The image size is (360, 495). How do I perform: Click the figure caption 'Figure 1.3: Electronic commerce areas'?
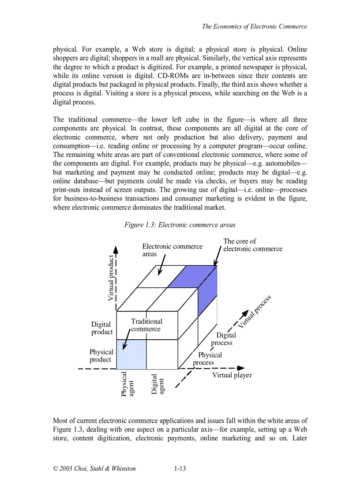pos(180,225)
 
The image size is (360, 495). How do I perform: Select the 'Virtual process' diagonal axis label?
pos(255,311)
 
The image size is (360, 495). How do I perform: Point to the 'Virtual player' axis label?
pos(232,375)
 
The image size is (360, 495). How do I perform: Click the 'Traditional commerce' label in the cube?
pos(146,325)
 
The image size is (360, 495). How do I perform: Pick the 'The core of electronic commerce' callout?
pos(252,245)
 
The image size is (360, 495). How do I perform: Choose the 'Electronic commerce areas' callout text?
pos(172,250)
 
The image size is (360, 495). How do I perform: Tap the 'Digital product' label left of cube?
pos(102,328)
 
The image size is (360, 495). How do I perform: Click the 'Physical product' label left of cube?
pos(101,356)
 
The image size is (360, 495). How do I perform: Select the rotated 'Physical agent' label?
pos(128,384)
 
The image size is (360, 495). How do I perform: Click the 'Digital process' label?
pos(223,339)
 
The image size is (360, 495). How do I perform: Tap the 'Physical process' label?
pos(207,359)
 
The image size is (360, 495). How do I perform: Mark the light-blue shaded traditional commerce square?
pos(131,354)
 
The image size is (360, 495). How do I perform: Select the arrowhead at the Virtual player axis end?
pos(240,368)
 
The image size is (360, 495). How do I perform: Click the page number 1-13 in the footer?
pos(180,469)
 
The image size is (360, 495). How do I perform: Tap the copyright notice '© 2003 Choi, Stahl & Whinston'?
pos(94,469)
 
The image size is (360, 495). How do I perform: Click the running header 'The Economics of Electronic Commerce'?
pos(254,26)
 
